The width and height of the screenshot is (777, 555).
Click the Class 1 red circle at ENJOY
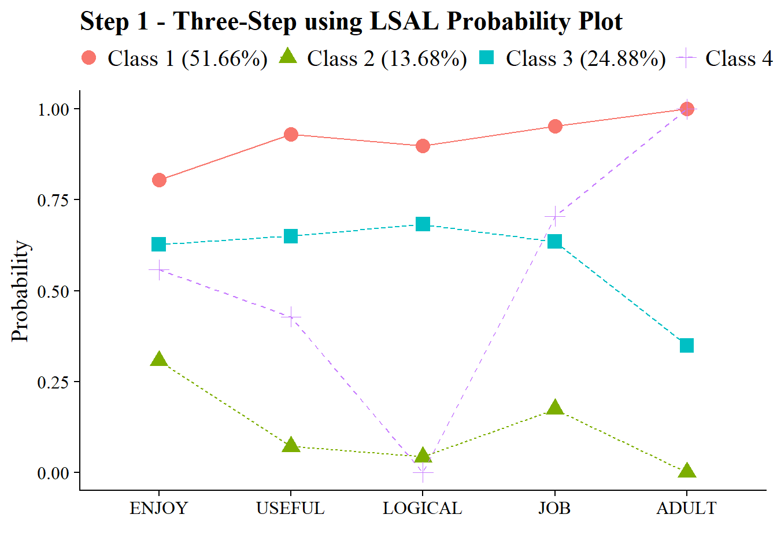159,180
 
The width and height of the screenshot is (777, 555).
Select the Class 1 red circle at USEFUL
291,135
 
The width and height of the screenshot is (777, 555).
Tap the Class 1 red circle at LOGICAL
423,146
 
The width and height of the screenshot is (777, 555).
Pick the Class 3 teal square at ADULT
686,346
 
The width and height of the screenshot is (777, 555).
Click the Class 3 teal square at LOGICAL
423,224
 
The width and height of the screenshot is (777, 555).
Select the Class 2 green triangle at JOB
554,408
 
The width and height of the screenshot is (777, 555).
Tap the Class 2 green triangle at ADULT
686,471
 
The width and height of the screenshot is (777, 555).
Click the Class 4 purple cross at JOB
554,216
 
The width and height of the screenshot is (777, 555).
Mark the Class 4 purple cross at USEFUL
291,316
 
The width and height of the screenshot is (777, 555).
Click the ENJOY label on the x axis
159,508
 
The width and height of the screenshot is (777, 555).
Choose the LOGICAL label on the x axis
423,508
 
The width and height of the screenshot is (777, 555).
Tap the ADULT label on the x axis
686,508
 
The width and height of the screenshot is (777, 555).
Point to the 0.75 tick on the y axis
53,200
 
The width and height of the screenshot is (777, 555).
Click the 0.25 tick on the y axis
53,382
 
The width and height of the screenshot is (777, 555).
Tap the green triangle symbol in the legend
288,57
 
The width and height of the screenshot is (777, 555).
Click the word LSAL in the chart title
405,21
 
